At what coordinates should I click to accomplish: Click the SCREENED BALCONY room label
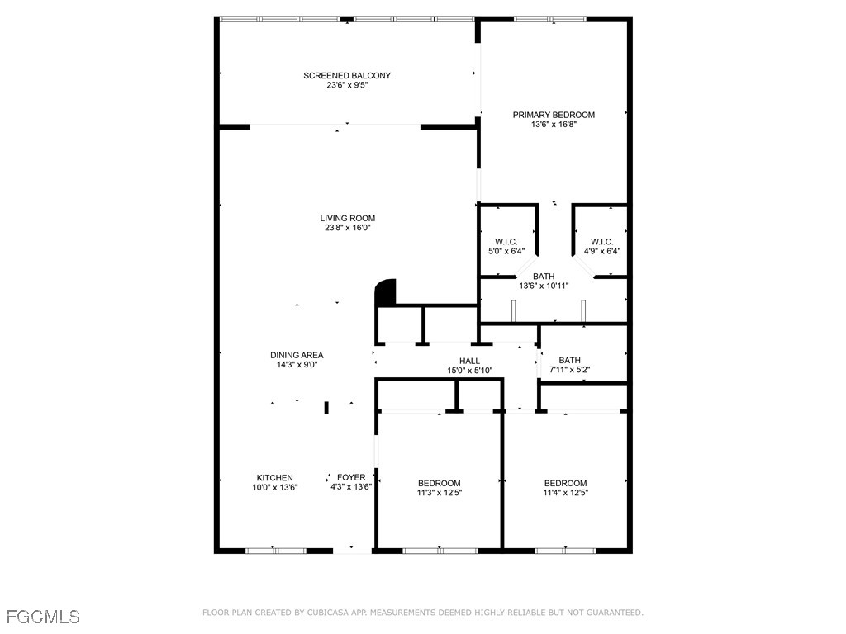pyautogui.click(x=347, y=75)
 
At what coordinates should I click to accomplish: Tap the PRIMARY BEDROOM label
pyautogui.click(x=554, y=115)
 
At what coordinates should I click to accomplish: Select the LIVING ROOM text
pyautogui.click(x=348, y=218)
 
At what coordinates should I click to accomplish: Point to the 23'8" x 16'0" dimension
pyautogui.click(x=348, y=228)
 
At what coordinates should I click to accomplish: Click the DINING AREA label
pyautogui.click(x=297, y=355)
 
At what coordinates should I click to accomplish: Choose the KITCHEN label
pyautogui.click(x=274, y=478)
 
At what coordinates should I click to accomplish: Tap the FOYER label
pyautogui.click(x=351, y=477)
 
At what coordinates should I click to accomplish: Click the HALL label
pyautogui.click(x=469, y=361)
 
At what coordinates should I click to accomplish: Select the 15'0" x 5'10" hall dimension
pyautogui.click(x=469, y=371)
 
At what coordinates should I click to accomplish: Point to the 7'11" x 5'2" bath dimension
pyautogui.click(x=570, y=370)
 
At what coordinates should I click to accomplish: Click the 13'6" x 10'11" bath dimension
pyautogui.click(x=544, y=286)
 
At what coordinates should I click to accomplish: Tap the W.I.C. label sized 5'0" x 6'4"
pyautogui.click(x=506, y=242)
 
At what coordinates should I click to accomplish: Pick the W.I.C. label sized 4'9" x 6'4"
pyautogui.click(x=601, y=242)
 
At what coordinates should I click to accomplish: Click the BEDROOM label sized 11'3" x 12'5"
pyautogui.click(x=440, y=483)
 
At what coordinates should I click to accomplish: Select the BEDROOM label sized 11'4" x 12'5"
pyautogui.click(x=565, y=483)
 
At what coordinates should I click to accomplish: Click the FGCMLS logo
pyautogui.click(x=43, y=617)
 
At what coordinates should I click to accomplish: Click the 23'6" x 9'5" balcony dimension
pyautogui.click(x=347, y=85)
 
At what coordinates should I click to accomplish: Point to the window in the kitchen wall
pyautogui.click(x=276, y=551)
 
